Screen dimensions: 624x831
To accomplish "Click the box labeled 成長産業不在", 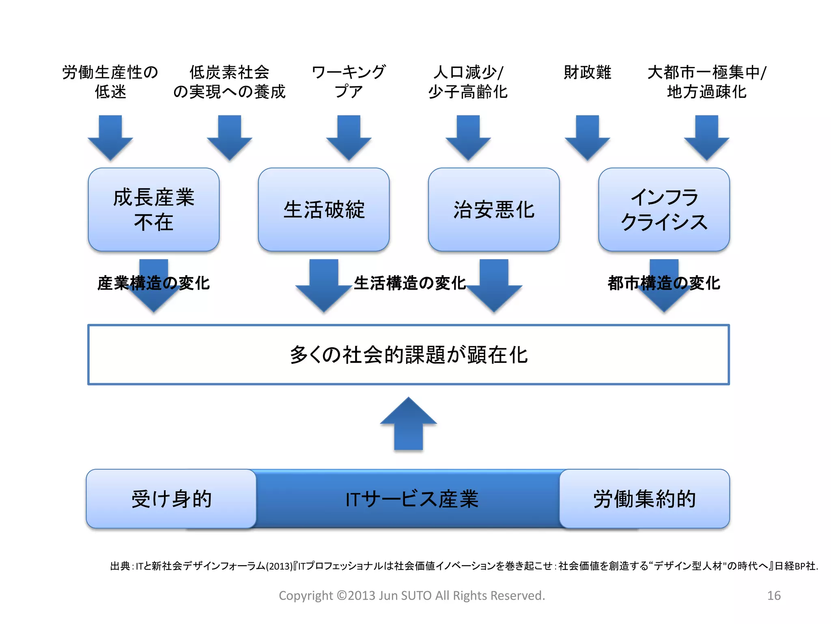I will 153,210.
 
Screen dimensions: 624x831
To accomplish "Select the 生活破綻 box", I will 323,210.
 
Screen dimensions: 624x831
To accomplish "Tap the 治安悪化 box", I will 493,210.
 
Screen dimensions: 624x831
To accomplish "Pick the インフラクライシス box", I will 663,210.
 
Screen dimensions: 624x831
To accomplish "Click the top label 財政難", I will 587,73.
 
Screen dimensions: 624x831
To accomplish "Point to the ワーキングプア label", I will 349,82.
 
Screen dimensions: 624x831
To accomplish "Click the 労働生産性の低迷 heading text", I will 110,82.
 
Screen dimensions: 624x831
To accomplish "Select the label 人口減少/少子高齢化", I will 468,82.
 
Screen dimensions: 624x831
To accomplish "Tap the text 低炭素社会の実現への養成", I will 229,82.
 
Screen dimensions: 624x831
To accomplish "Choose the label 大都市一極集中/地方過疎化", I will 706,82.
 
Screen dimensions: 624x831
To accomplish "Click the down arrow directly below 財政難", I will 587,137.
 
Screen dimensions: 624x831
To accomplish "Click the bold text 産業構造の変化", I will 153,283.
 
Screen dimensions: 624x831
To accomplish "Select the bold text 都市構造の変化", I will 663,283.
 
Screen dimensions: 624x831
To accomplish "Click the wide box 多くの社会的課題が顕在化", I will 408,354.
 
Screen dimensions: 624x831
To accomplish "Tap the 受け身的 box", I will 171,499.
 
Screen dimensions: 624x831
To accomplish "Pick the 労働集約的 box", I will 644,499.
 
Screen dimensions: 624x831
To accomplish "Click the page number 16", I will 773,596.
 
